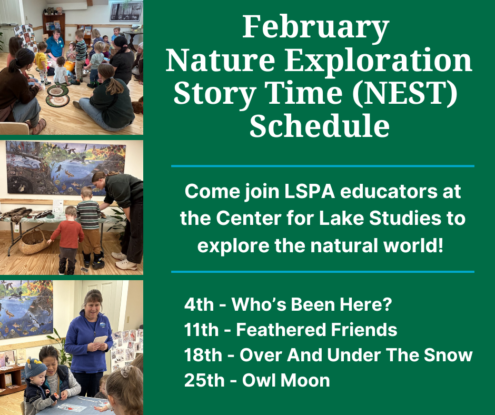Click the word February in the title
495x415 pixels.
point(315,28)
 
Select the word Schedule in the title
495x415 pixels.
point(320,125)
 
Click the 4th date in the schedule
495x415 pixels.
point(199,304)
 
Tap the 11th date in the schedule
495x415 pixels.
point(201,329)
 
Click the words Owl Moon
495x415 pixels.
point(286,380)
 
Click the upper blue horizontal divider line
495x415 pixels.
point(323,166)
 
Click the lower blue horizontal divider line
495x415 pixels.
point(323,272)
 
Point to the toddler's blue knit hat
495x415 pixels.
point(35,367)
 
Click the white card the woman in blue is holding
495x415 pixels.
point(100,340)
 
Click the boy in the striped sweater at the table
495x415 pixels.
point(90,226)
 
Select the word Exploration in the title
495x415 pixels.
point(378,61)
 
